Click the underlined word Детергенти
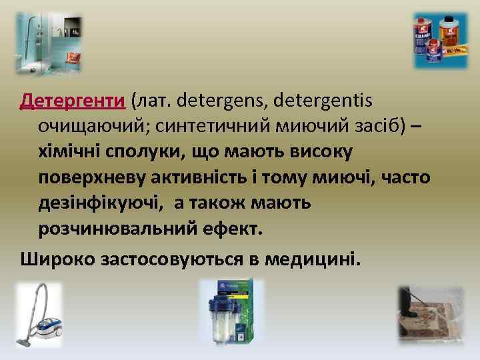click(x=73, y=100)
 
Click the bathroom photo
click(x=49, y=43)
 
